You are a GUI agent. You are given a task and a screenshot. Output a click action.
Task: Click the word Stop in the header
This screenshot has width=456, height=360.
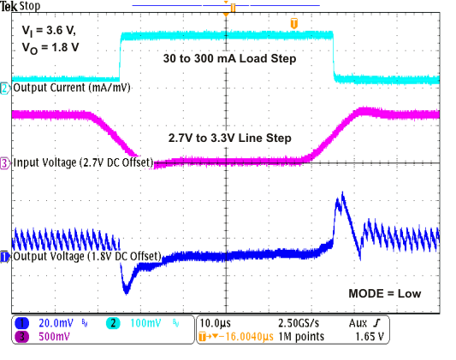point(31,6)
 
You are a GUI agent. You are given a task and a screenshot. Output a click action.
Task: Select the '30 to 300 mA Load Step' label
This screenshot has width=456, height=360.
point(230,60)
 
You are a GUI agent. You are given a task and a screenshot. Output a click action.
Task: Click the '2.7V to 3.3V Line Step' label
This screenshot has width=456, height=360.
point(229,138)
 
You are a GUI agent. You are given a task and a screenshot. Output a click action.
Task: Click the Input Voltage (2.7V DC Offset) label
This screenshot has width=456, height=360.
point(82,162)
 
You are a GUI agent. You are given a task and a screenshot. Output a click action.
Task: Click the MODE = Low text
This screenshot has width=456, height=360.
point(384,293)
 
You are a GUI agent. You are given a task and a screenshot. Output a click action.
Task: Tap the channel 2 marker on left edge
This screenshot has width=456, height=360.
point(5,88)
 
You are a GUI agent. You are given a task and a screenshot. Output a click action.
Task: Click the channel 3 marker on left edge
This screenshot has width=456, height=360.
point(5,162)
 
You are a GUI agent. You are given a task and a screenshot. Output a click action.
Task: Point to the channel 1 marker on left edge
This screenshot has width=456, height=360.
point(5,256)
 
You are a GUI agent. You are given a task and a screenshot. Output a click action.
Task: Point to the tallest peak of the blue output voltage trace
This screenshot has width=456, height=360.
point(340,194)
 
